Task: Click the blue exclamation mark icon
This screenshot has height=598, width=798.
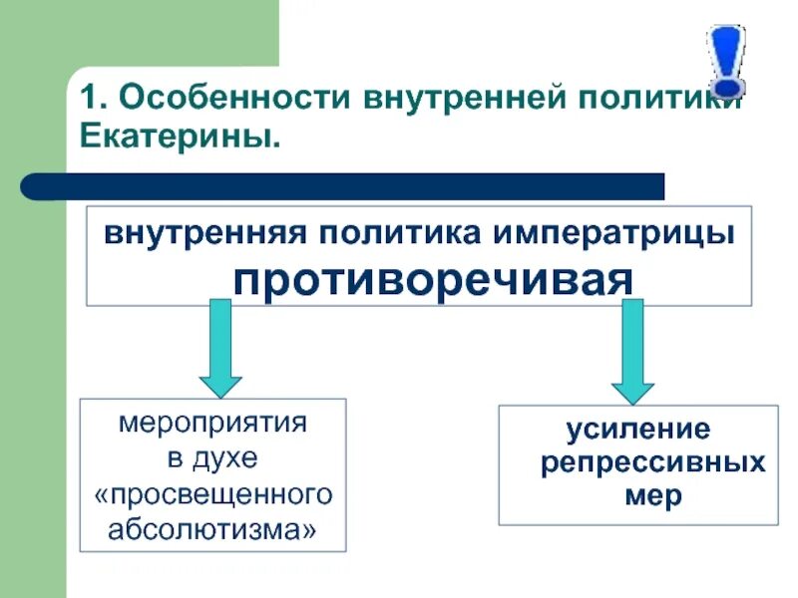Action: tap(726, 58)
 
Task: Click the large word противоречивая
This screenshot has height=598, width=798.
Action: tap(433, 280)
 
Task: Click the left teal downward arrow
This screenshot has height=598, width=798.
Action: tap(220, 349)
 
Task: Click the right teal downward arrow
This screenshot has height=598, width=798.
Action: tap(632, 350)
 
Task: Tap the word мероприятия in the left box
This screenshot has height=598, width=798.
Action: tap(212, 423)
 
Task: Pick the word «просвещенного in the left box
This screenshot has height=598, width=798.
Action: tap(212, 494)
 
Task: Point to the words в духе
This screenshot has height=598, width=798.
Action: tap(212, 458)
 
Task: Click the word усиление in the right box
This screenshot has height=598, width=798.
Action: tap(639, 430)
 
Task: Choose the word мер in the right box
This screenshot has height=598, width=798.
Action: tap(654, 496)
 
